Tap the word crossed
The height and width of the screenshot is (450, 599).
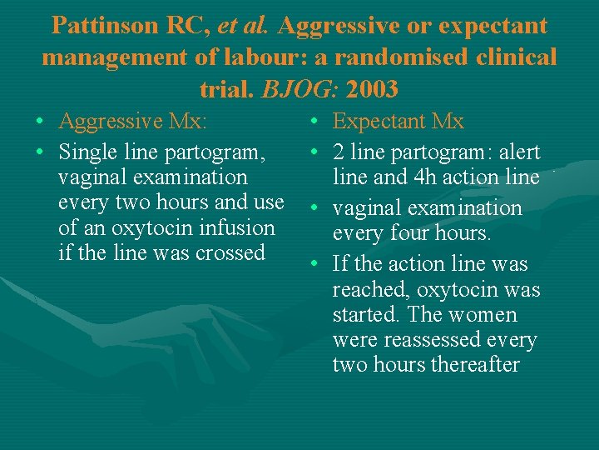click(x=230, y=252)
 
